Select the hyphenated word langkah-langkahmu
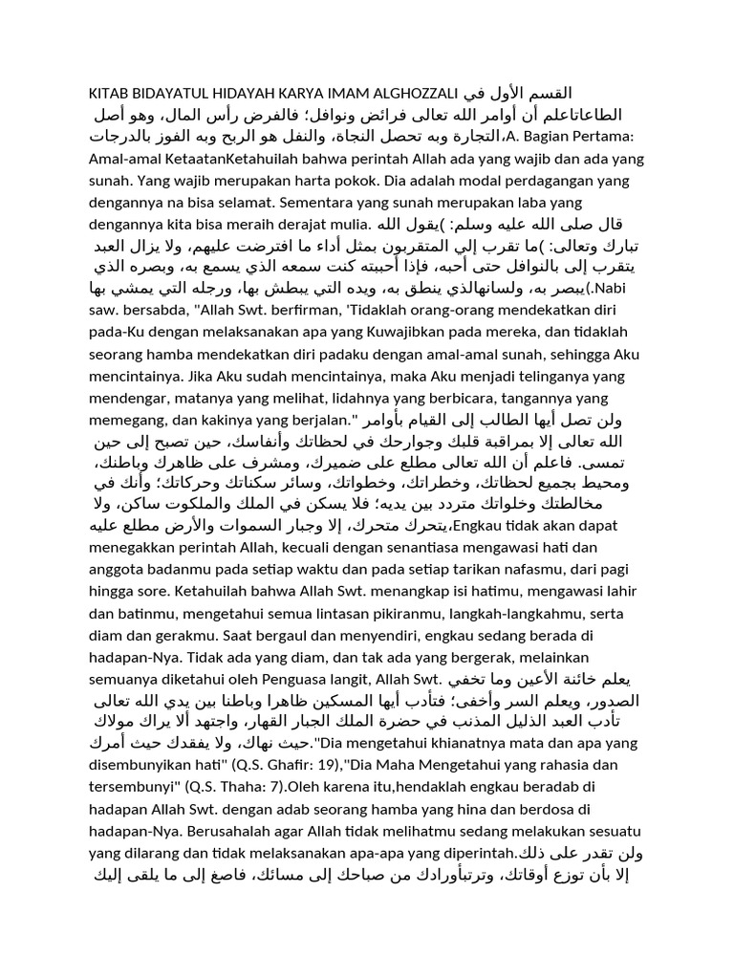526,609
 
